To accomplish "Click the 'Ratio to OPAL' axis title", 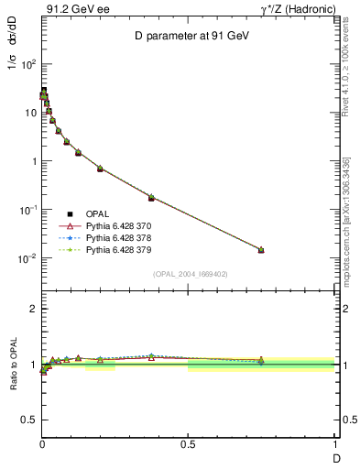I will (x=12, y=365).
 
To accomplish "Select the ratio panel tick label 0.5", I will (x=27, y=420).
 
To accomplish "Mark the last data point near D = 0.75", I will (x=261, y=250).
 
